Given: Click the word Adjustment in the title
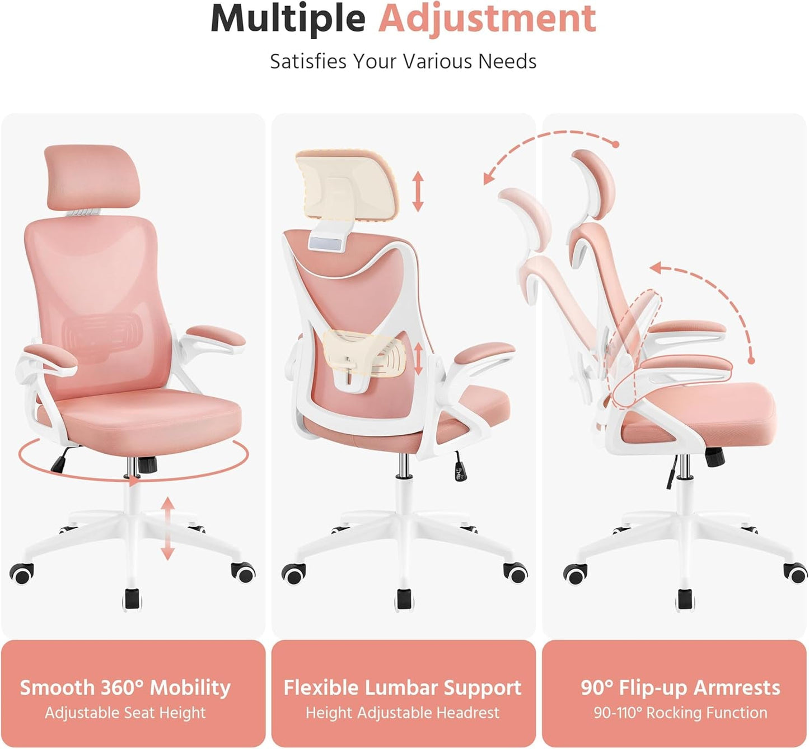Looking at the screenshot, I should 487,19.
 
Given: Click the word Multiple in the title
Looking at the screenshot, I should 288,19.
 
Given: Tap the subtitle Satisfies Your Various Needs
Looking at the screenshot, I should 403,61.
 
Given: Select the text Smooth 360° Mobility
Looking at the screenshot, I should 125,687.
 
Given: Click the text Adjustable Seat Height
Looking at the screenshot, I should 125,713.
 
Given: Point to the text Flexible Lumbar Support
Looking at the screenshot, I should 403,687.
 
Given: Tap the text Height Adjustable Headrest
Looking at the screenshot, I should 403,713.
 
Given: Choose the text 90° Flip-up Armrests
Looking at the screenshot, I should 680,687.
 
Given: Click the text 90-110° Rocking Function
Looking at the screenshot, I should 680,713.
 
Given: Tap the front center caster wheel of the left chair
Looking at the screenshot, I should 132,598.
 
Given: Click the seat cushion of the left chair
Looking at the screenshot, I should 140,417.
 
